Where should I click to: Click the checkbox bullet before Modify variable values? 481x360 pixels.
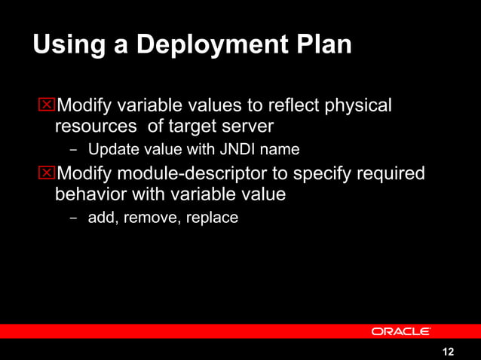(x=47, y=105)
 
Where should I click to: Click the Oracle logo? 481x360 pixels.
(x=400, y=331)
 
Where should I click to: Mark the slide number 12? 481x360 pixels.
(x=449, y=352)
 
